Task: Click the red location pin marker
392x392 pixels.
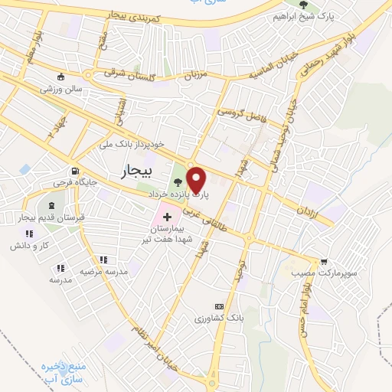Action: tap(197, 180)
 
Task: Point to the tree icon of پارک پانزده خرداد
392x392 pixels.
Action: tap(178, 182)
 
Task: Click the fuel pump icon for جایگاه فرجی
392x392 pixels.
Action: tap(74, 171)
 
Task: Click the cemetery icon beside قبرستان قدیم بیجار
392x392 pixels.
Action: tap(51, 206)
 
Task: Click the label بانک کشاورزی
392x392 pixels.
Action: tap(218, 316)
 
